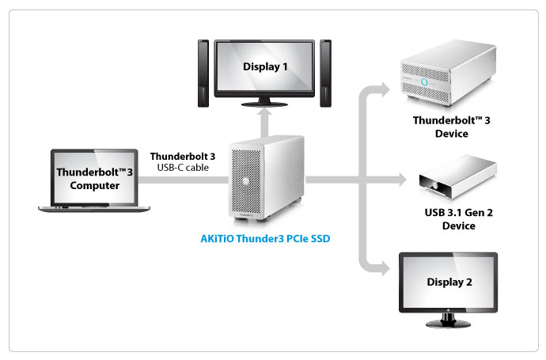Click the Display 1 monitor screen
[264, 66]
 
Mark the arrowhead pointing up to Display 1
[264, 118]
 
